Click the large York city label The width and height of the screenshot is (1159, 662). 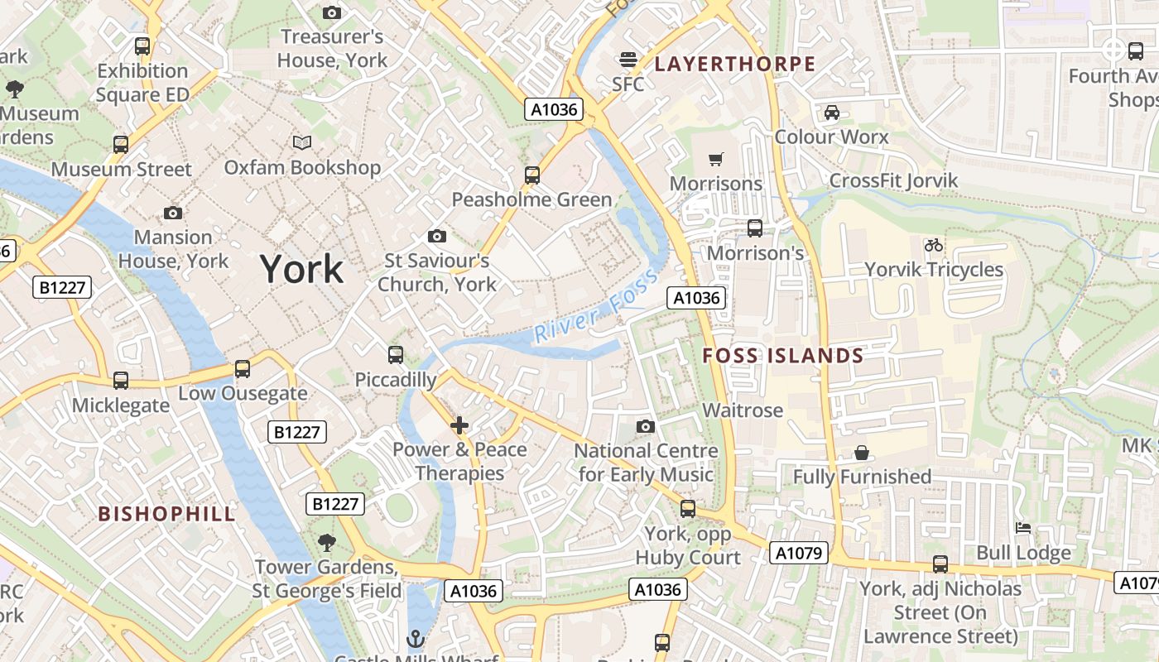coord(301,270)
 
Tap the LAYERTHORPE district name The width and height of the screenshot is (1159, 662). coord(735,64)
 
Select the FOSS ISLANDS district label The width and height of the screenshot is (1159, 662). coord(783,356)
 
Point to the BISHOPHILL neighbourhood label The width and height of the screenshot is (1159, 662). coord(167,514)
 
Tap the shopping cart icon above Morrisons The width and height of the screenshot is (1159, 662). coord(716,159)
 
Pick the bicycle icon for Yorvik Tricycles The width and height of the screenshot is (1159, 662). coord(934,245)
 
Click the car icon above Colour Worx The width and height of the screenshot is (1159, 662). coord(832,113)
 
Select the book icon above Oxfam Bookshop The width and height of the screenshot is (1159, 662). coord(302,143)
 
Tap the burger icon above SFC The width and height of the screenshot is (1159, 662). coord(628,60)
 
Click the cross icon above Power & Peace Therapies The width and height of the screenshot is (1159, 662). coord(459,425)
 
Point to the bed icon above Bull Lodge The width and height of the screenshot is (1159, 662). coord(1023,528)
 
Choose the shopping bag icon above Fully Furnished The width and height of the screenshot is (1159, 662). coord(862,453)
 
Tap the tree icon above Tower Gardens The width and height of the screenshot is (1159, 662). coord(327,543)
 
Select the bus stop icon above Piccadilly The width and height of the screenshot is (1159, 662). coord(396,355)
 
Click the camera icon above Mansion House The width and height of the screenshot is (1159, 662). coord(173,213)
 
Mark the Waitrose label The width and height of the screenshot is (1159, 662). coord(743,410)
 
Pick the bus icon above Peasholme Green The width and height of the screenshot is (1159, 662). coord(532,175)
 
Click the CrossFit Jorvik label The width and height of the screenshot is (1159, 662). coord(893,180)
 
